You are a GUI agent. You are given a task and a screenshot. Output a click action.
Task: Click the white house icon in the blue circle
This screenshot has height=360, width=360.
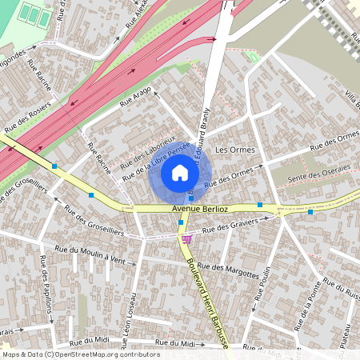tap(180, 172)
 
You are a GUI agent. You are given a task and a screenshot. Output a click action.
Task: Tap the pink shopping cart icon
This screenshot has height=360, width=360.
tap(186, 238)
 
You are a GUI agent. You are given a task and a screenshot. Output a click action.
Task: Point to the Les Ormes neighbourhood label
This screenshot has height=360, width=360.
tap(234, 150)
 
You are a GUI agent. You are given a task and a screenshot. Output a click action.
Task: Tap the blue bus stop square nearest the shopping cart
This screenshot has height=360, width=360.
tap(182, 222)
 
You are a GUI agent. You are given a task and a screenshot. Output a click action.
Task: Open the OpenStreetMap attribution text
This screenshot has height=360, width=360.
tap(79, 354)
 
